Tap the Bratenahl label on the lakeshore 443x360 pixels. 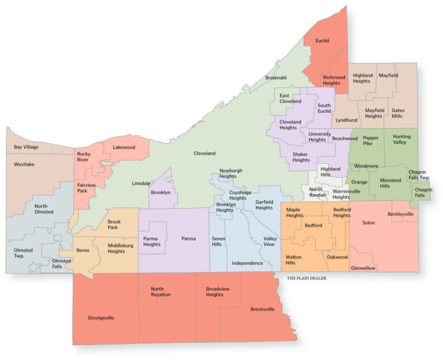(276, 77)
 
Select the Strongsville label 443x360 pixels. (101, 317)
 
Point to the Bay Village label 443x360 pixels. (26, 147)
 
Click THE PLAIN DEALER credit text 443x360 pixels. (307, 278)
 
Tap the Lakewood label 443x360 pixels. (123, 147)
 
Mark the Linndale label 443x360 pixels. (141, 183)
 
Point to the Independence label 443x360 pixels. (247, 263)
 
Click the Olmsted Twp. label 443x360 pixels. (24, 253)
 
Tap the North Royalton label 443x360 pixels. (161, 291)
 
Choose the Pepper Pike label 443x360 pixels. (371, 141)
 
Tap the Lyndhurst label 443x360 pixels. (347, 121)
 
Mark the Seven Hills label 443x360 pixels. (219, 242)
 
